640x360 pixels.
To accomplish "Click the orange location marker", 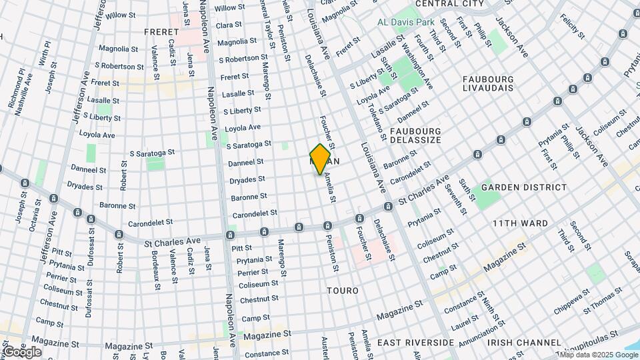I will pos(320,159).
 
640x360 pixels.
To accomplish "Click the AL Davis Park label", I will pos(406,23).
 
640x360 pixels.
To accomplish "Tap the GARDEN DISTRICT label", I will pos(523,188).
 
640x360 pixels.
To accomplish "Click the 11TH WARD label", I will pos(520,223).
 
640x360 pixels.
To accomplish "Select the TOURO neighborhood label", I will pos(343,291).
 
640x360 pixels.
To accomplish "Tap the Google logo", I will pos(21,352).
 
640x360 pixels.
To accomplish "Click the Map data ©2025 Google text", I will pos(595,355).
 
